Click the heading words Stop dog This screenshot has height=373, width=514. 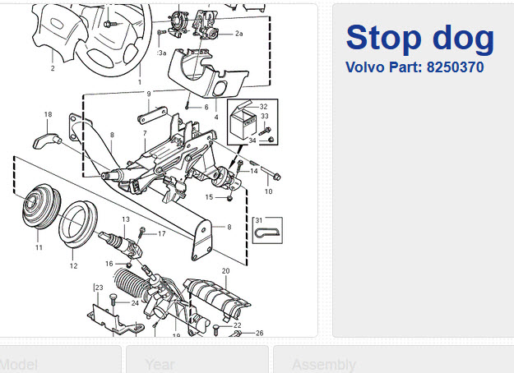point(419,37)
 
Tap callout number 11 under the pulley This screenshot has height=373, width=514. point(39,247)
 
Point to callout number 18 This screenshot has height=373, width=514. point(48,114)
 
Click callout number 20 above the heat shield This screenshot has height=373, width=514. point(225,270)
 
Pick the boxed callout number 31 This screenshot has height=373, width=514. point(258,220)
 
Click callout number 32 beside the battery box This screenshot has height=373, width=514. point(263,107)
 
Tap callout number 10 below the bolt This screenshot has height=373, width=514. point(268,191)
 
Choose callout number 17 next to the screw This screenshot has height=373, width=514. point(161,234)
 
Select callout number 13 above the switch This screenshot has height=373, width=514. point(126,219)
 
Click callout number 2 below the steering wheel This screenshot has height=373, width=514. point(52,68)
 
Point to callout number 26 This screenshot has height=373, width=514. point(259,333)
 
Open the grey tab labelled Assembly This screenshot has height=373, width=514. point(324,363)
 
